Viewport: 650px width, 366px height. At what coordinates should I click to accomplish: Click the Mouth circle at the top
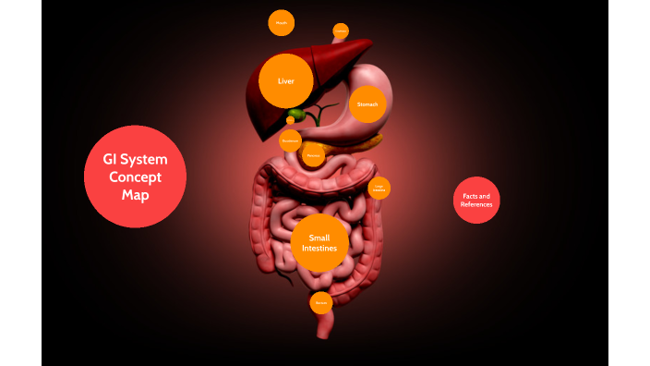(282, 23)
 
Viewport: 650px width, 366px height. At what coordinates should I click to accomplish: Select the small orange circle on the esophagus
(341, 31)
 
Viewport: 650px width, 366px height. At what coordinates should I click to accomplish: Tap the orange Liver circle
(285, 81)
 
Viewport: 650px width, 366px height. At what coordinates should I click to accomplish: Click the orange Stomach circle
(367, 104)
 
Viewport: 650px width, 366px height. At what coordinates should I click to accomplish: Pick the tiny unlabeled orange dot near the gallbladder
(291, 119)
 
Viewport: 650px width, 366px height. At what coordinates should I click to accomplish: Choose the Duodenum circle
(290, 140)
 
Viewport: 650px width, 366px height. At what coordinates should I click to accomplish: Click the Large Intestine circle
(379, 188)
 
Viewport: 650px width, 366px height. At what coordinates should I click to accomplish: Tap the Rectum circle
(320, 302)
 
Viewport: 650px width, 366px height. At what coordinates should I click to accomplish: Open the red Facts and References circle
(476, 200)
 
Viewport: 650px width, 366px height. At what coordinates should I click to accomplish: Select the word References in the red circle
(476, 204)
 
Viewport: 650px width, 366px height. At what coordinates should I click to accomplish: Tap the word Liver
(285, 81)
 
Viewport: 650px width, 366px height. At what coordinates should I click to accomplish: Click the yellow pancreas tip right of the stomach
(376, 141)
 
